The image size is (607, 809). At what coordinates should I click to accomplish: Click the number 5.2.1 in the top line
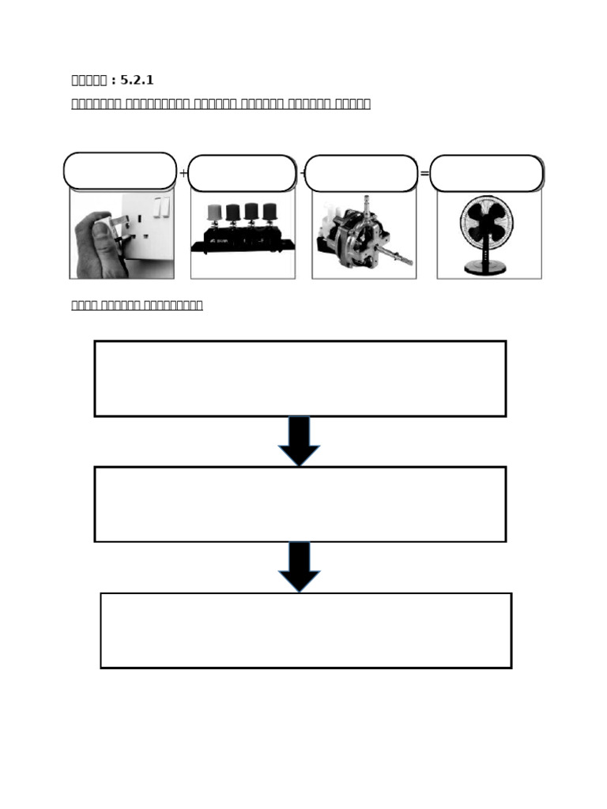click(x=137, y=81)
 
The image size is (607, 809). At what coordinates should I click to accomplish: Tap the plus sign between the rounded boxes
click(x=183, y=174)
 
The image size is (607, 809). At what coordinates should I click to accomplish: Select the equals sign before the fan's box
click(x=424, y=174)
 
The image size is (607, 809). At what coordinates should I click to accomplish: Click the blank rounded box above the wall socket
click(x=120, y=171)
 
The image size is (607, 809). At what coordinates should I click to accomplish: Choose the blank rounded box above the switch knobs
click(x=242, y=173)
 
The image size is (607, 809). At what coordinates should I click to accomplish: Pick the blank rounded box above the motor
click(x=361, y=173)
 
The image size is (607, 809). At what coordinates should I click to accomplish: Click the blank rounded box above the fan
click(x=486, y=173)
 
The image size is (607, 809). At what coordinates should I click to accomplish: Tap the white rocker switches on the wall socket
click(x=161, y=207)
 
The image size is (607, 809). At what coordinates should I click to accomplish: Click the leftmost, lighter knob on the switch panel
click(x=214, y=213)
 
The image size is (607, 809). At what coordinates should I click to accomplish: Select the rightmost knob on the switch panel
click(x=270, y=212)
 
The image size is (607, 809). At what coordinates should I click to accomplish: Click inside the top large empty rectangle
click(x=300, y=378)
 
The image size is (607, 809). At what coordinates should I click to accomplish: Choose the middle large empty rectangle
click(x=300, y=504)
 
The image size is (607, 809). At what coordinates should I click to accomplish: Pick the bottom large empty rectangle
click(x=305, y=630)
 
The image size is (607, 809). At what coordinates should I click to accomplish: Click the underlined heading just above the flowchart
click(x=137, y=305)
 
